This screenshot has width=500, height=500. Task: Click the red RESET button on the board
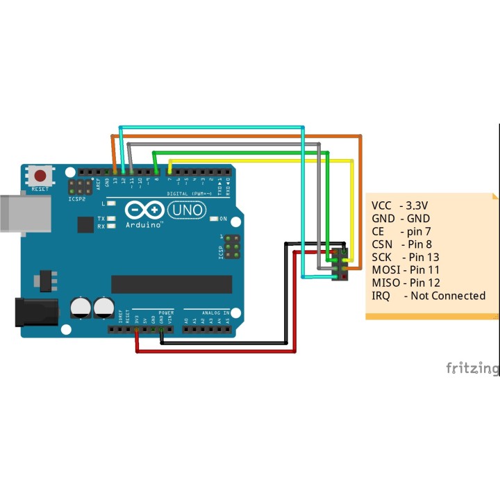(42, 176)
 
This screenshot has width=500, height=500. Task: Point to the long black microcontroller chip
(172, 284)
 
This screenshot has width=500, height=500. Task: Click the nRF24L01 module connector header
(340, 264)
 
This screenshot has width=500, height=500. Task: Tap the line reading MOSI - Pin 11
(406, 269)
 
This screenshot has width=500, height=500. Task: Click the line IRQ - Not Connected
(428, 296)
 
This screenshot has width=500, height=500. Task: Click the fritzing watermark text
(472, 367)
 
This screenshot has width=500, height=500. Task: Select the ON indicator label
(223, 219)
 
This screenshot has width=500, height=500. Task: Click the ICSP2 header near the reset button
(81, 187)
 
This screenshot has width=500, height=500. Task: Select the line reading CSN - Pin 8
(401, 244)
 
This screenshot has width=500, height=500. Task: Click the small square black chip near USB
(85, 224)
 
